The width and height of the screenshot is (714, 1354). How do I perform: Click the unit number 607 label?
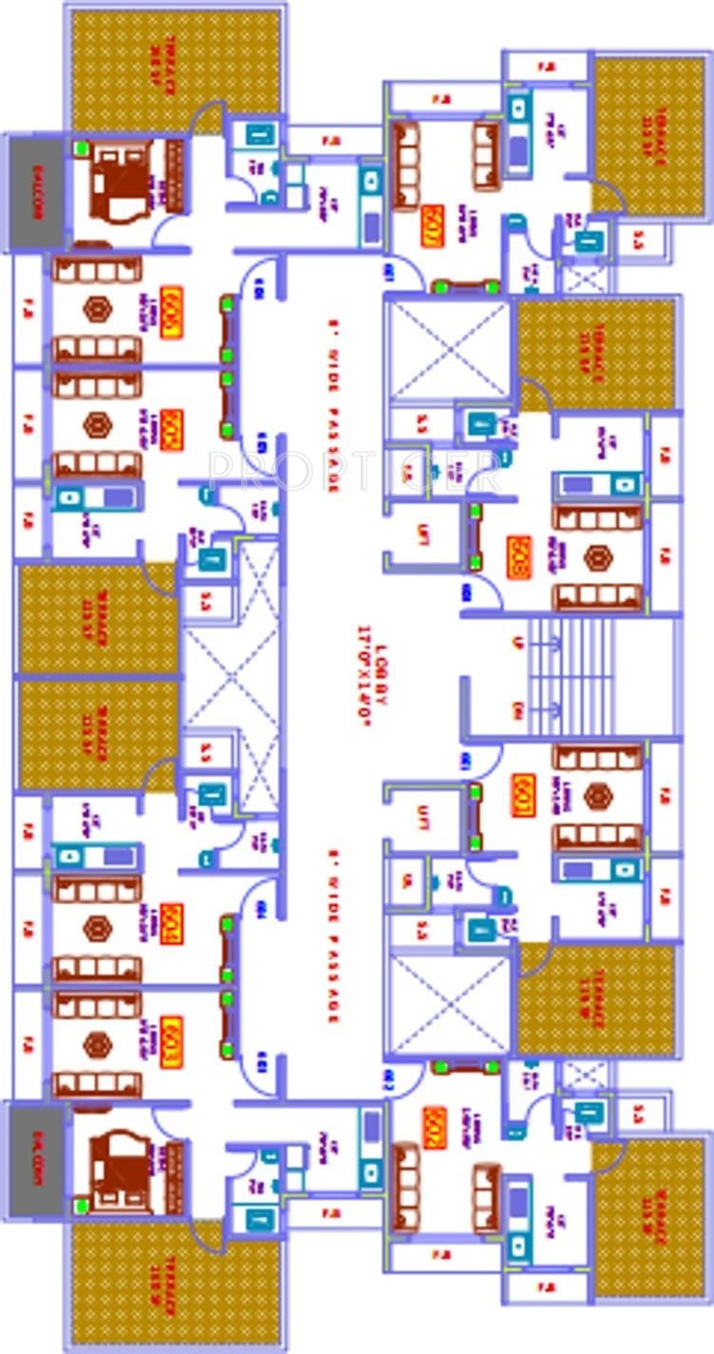[x=432, y=225]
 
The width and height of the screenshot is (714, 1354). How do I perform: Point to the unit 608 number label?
[x=519, y=557]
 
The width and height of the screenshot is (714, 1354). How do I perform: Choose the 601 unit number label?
[x=522, y=796]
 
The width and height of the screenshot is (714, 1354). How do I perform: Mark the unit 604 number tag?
[x=172, y=922]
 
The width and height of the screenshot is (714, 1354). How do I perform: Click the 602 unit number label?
[x=434, y=1128]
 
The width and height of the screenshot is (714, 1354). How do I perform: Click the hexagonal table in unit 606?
[x=96, y=309]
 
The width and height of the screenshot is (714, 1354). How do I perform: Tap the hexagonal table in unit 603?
[x=96, y=1044]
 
